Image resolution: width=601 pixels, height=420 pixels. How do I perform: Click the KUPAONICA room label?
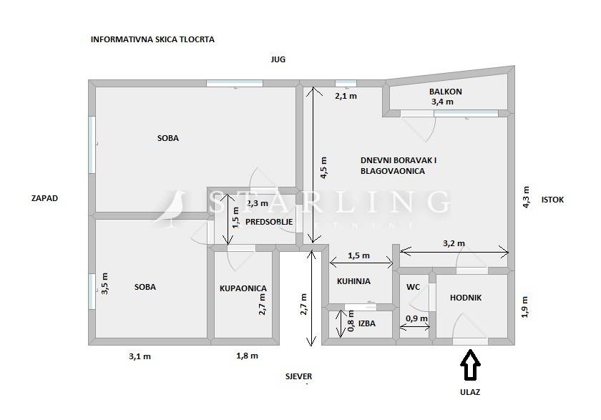point(243,288)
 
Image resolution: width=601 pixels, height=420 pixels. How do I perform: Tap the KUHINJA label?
point(353,281)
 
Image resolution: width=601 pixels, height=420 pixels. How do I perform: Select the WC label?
point(413,287)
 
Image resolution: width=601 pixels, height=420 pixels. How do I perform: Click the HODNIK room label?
point(466,298)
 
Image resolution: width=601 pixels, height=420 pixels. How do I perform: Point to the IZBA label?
point(367,323)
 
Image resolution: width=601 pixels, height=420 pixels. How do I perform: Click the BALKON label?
point(445,92)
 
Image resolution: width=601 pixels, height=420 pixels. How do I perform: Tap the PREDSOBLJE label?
point(269,222)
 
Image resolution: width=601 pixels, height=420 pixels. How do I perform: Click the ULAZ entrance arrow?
point(470,364)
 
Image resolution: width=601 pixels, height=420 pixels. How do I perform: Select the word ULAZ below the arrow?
point(470,392)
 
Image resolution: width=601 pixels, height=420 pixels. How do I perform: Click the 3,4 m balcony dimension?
point(442,102)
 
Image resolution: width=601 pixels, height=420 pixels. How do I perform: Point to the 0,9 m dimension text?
point(416,318)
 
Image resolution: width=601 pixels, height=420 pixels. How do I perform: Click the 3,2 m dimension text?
point(454,243)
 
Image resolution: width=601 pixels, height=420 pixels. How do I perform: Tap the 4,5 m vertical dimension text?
point(323,168)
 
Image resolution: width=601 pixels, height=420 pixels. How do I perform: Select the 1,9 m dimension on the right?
point(524,307)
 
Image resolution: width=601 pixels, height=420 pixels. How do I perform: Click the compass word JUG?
point(278,59)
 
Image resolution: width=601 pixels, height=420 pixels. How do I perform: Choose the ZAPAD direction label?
point(44,198)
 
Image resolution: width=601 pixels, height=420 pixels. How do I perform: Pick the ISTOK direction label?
point(552,200)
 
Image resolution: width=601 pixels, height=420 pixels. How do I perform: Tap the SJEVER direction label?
point(298,376)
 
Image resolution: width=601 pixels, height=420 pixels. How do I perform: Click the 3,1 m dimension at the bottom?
point(140,356)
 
